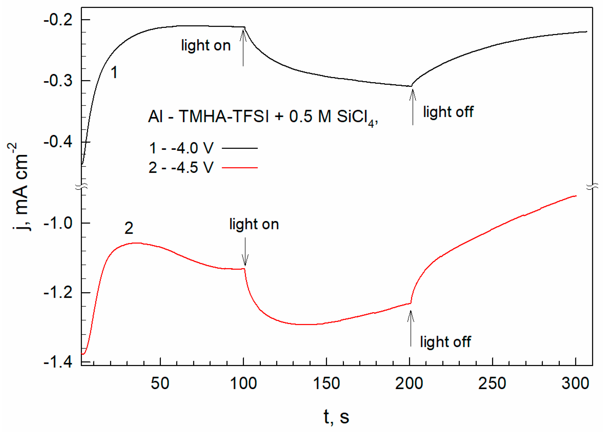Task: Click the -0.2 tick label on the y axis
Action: (58, 20)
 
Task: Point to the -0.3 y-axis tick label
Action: (58, 81)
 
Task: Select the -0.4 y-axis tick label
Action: (58, 142)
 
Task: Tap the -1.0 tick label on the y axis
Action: (58, 223)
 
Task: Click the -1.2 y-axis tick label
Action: (58, 293)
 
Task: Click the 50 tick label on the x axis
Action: (160, 383)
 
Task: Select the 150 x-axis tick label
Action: (326, 383)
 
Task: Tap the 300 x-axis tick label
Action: (575, 383)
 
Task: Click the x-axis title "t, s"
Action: (336, 417)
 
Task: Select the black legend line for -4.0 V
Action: (240, 148)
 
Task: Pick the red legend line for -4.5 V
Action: (240, 168)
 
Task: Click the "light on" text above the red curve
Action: (254, 224)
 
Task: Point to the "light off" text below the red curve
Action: (445, 342)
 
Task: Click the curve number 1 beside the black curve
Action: (114, 72)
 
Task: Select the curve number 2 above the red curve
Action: (129, 228)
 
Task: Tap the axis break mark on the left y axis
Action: (81, 186)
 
